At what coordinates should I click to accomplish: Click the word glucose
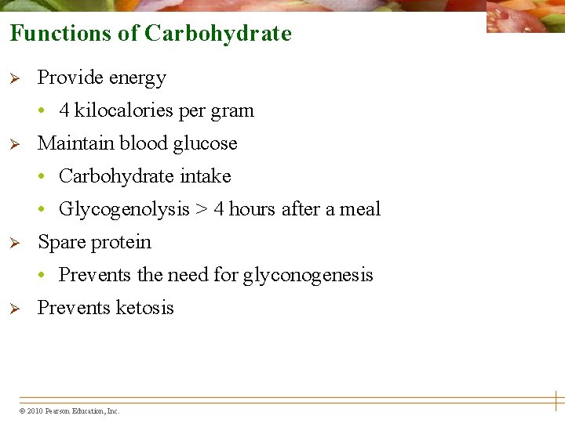[x=205, y=143]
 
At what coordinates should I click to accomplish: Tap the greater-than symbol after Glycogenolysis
[x=202, y=209]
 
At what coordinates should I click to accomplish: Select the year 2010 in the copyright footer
[x=35, y=411]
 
